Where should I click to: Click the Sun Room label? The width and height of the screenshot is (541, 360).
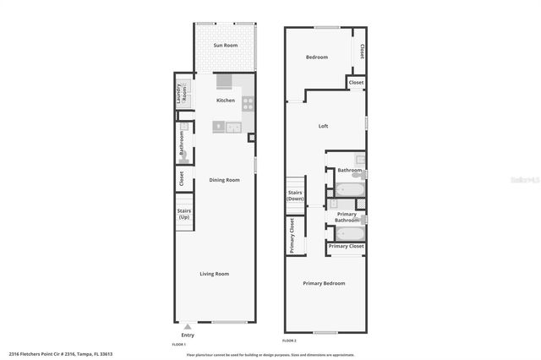tap(226, 45)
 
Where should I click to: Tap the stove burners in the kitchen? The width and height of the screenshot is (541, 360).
tap(249, 104)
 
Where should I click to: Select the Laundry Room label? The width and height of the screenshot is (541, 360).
tap(181, 93)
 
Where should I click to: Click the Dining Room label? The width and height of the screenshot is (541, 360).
tap(226, 179)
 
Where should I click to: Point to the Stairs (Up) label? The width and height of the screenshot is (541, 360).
tap(183, 215)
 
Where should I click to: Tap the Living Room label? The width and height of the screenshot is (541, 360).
tap(214, 274)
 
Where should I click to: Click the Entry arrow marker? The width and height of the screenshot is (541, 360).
tap(188, 325)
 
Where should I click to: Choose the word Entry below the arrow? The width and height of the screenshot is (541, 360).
tap(188, 335)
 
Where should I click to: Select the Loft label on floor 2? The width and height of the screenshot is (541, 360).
tap(323, 127)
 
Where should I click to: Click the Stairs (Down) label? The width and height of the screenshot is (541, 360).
tap(295, 195)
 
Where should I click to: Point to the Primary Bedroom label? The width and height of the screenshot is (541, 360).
tap(325, 283)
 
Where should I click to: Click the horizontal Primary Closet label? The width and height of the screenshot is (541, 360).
tap(347, 246)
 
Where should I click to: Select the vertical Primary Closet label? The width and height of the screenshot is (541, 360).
tap(292, 236)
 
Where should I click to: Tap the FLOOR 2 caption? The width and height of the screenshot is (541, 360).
tap(290, 341)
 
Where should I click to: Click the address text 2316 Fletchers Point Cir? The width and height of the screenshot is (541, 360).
tap(60, 354)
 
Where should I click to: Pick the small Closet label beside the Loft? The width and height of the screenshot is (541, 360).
tap(356, 83)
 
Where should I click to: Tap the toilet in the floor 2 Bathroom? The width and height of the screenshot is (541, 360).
tap(359, 160)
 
